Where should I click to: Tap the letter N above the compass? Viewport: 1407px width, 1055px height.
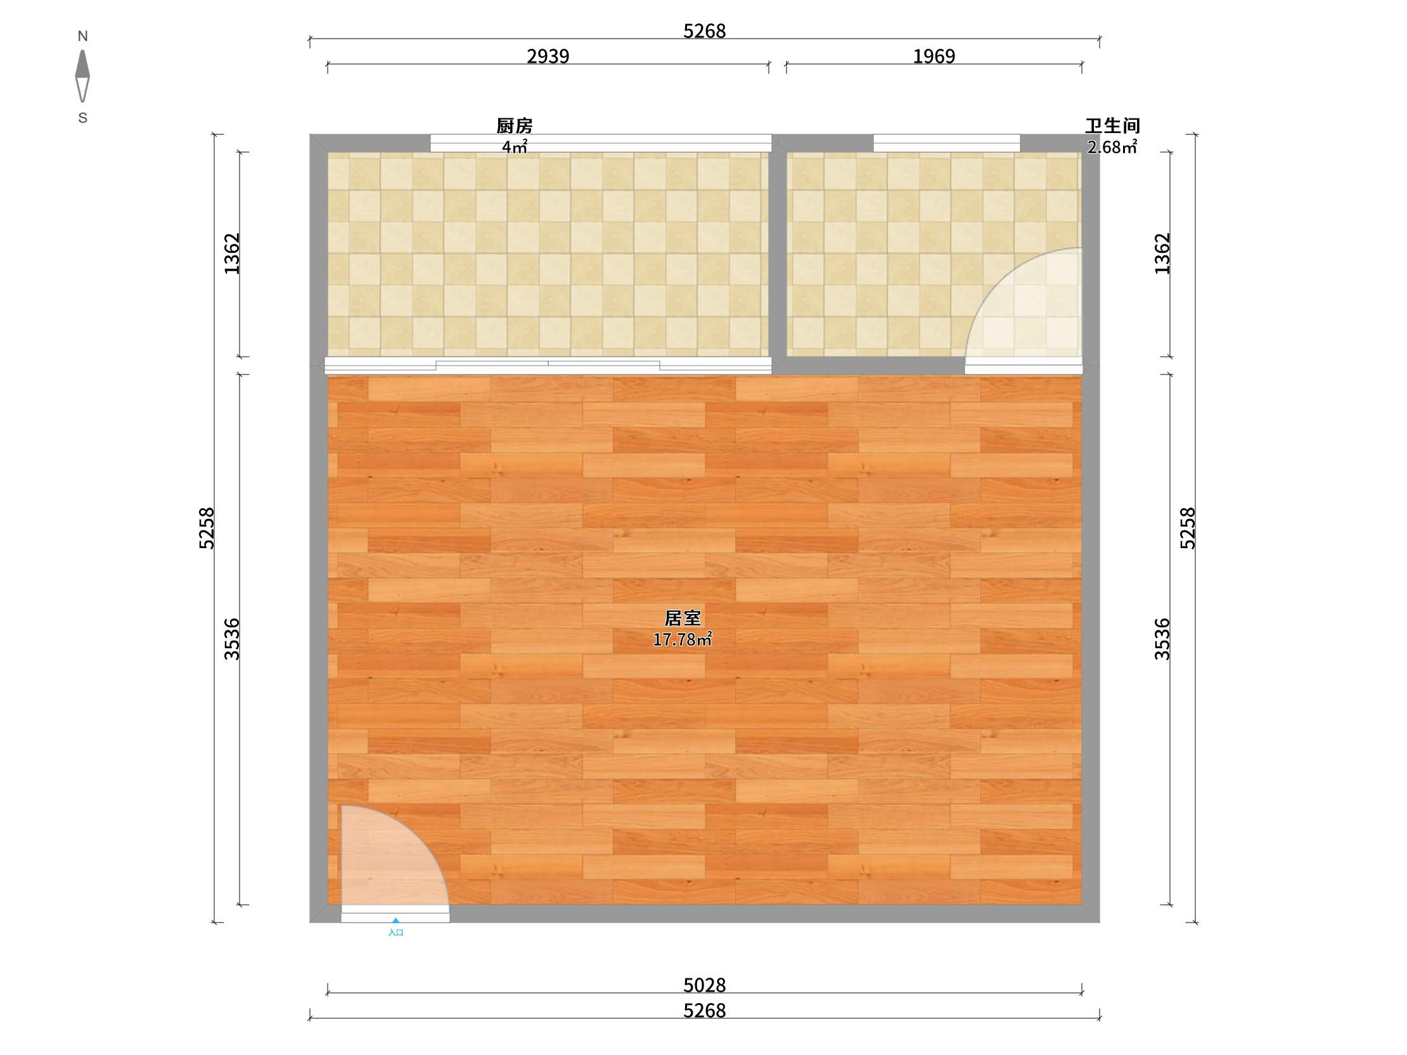click(x=82, y=36)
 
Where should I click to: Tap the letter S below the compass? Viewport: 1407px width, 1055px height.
click(x=82, y=118)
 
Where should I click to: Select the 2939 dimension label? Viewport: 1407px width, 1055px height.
click(x=548, y=56)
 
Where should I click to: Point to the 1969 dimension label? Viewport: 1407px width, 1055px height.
click(x=934, y=56)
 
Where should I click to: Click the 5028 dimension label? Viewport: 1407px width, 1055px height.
click(x=704, y=985)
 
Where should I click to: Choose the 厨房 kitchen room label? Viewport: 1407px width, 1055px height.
click(x=515, y=126)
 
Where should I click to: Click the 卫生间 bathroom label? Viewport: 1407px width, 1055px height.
click(x=1112, y=125)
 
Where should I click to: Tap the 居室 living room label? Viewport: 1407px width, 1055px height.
click(x=683, y=618)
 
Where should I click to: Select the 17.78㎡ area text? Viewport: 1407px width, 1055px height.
click(x=683, y=639)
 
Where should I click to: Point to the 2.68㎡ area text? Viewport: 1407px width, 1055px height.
click(x=1112, y=148)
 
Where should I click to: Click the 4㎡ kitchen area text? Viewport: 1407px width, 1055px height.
click(x=515, y=148)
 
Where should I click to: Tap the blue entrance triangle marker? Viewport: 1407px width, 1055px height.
click(x=395, y=920)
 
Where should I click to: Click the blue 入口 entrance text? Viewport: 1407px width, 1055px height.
click(x=395, y=932)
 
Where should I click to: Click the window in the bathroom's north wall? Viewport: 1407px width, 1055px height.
click(x=946, y=143)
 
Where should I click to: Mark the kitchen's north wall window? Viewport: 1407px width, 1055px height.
click(x=600, y=143)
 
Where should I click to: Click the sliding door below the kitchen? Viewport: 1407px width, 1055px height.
click(x=548, y=365)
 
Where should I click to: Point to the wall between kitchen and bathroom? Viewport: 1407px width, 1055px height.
click(x=777, y=254)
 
